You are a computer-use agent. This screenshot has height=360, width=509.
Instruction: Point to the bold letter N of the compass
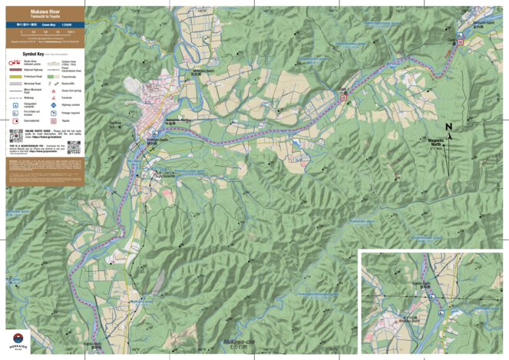(449, 127)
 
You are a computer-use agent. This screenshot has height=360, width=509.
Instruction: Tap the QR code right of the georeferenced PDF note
(74, 147)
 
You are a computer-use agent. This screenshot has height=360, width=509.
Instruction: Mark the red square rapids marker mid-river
(344, 97)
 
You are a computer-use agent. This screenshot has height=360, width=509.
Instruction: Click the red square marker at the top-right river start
(461, 44)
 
